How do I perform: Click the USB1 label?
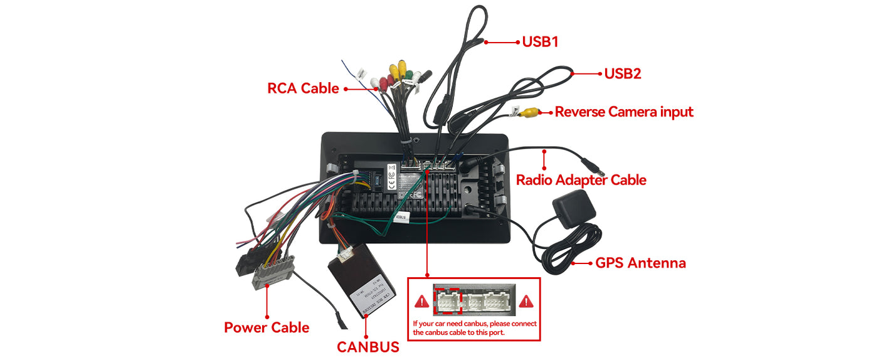540,42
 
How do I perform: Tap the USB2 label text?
623,73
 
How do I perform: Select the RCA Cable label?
303,88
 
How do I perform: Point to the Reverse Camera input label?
624,112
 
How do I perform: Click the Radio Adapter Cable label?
581,181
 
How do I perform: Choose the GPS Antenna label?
640,263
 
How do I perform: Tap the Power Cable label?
267,327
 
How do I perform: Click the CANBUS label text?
368,347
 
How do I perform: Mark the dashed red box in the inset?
448,301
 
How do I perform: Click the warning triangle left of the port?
421,302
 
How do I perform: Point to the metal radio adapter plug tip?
600,169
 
